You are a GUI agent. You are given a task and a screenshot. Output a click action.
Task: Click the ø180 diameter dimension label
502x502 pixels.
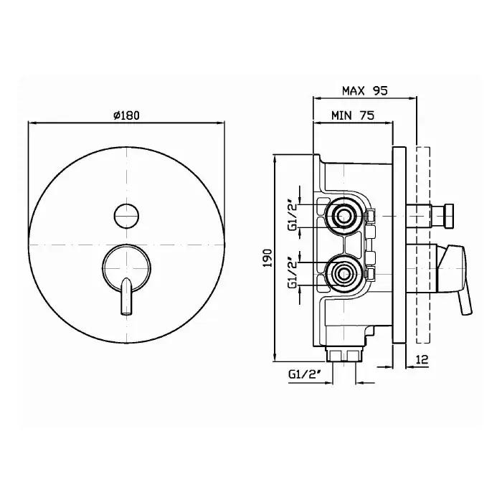[126, 115]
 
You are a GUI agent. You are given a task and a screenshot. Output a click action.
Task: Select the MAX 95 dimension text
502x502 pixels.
[364, 91]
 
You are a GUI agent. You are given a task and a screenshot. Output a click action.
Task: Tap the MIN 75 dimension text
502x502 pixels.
[353, 115]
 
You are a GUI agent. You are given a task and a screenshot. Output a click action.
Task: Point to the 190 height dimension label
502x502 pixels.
[267, 258]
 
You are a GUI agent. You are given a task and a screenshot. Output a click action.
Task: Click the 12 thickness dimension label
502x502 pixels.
[422, 359]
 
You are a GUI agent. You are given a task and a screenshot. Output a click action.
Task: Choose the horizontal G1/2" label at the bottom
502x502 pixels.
[305, 374]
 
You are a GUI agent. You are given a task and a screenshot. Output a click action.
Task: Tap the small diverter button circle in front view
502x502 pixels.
[126, 216]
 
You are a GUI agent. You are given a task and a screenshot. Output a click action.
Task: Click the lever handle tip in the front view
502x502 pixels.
[126, 313]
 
